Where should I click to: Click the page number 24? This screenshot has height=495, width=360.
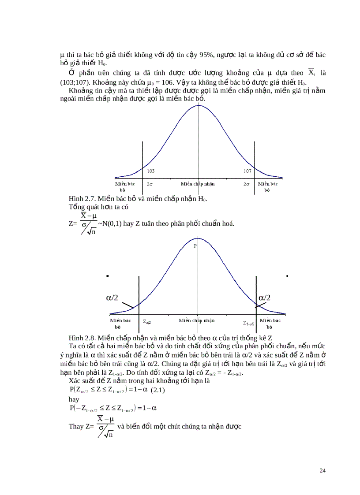[x=322, y=471]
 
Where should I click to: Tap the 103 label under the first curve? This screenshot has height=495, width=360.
[x=150, y=170]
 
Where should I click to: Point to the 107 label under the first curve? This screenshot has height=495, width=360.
[x=247, y=170]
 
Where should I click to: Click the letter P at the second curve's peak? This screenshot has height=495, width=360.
[x=195, y=246]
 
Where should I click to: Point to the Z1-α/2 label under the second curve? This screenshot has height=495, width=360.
[x=249, y=323]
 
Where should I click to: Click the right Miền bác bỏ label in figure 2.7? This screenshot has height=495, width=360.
[x=268, y=186]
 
